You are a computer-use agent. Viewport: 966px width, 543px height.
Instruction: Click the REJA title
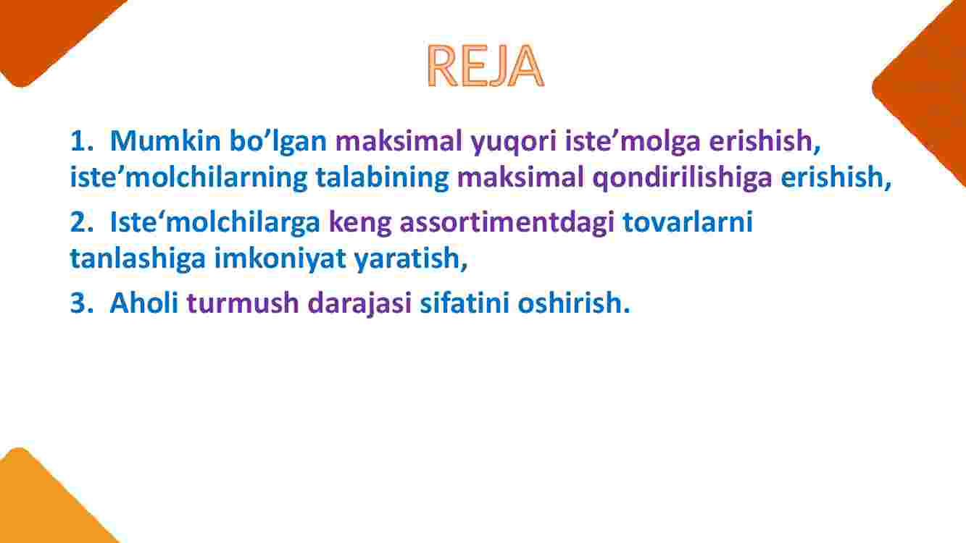tap(485, 66)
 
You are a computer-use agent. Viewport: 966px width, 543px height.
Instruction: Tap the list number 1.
tap(81, 140)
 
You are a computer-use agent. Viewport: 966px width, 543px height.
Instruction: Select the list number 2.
tap(81, 222)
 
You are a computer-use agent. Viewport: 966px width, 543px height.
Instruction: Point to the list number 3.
tap(81, 303)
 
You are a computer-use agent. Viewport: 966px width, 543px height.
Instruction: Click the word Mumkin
tap(166, 140)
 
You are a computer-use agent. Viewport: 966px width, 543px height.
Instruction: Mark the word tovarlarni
tap(688, 222)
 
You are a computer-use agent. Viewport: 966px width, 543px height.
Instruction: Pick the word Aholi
tap(144, 303)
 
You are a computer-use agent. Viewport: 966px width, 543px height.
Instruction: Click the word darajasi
tap(359, 305)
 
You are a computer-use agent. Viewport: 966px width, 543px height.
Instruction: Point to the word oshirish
tap(570, 303)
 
